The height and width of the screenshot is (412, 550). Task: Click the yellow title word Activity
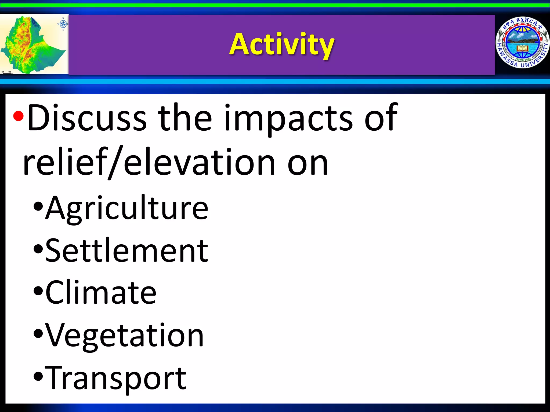coord(282,44)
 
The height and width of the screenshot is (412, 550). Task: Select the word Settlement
coord(126,251)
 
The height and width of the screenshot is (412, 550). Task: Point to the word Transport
coord(115,378)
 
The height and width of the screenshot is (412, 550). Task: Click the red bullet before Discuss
coord(18,116)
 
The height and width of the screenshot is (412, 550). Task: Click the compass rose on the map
coord(63,24)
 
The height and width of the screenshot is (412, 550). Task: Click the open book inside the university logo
coord(523,49)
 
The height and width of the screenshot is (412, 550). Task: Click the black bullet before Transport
coord(38,377)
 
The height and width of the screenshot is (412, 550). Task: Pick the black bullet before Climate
coord(38,291)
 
